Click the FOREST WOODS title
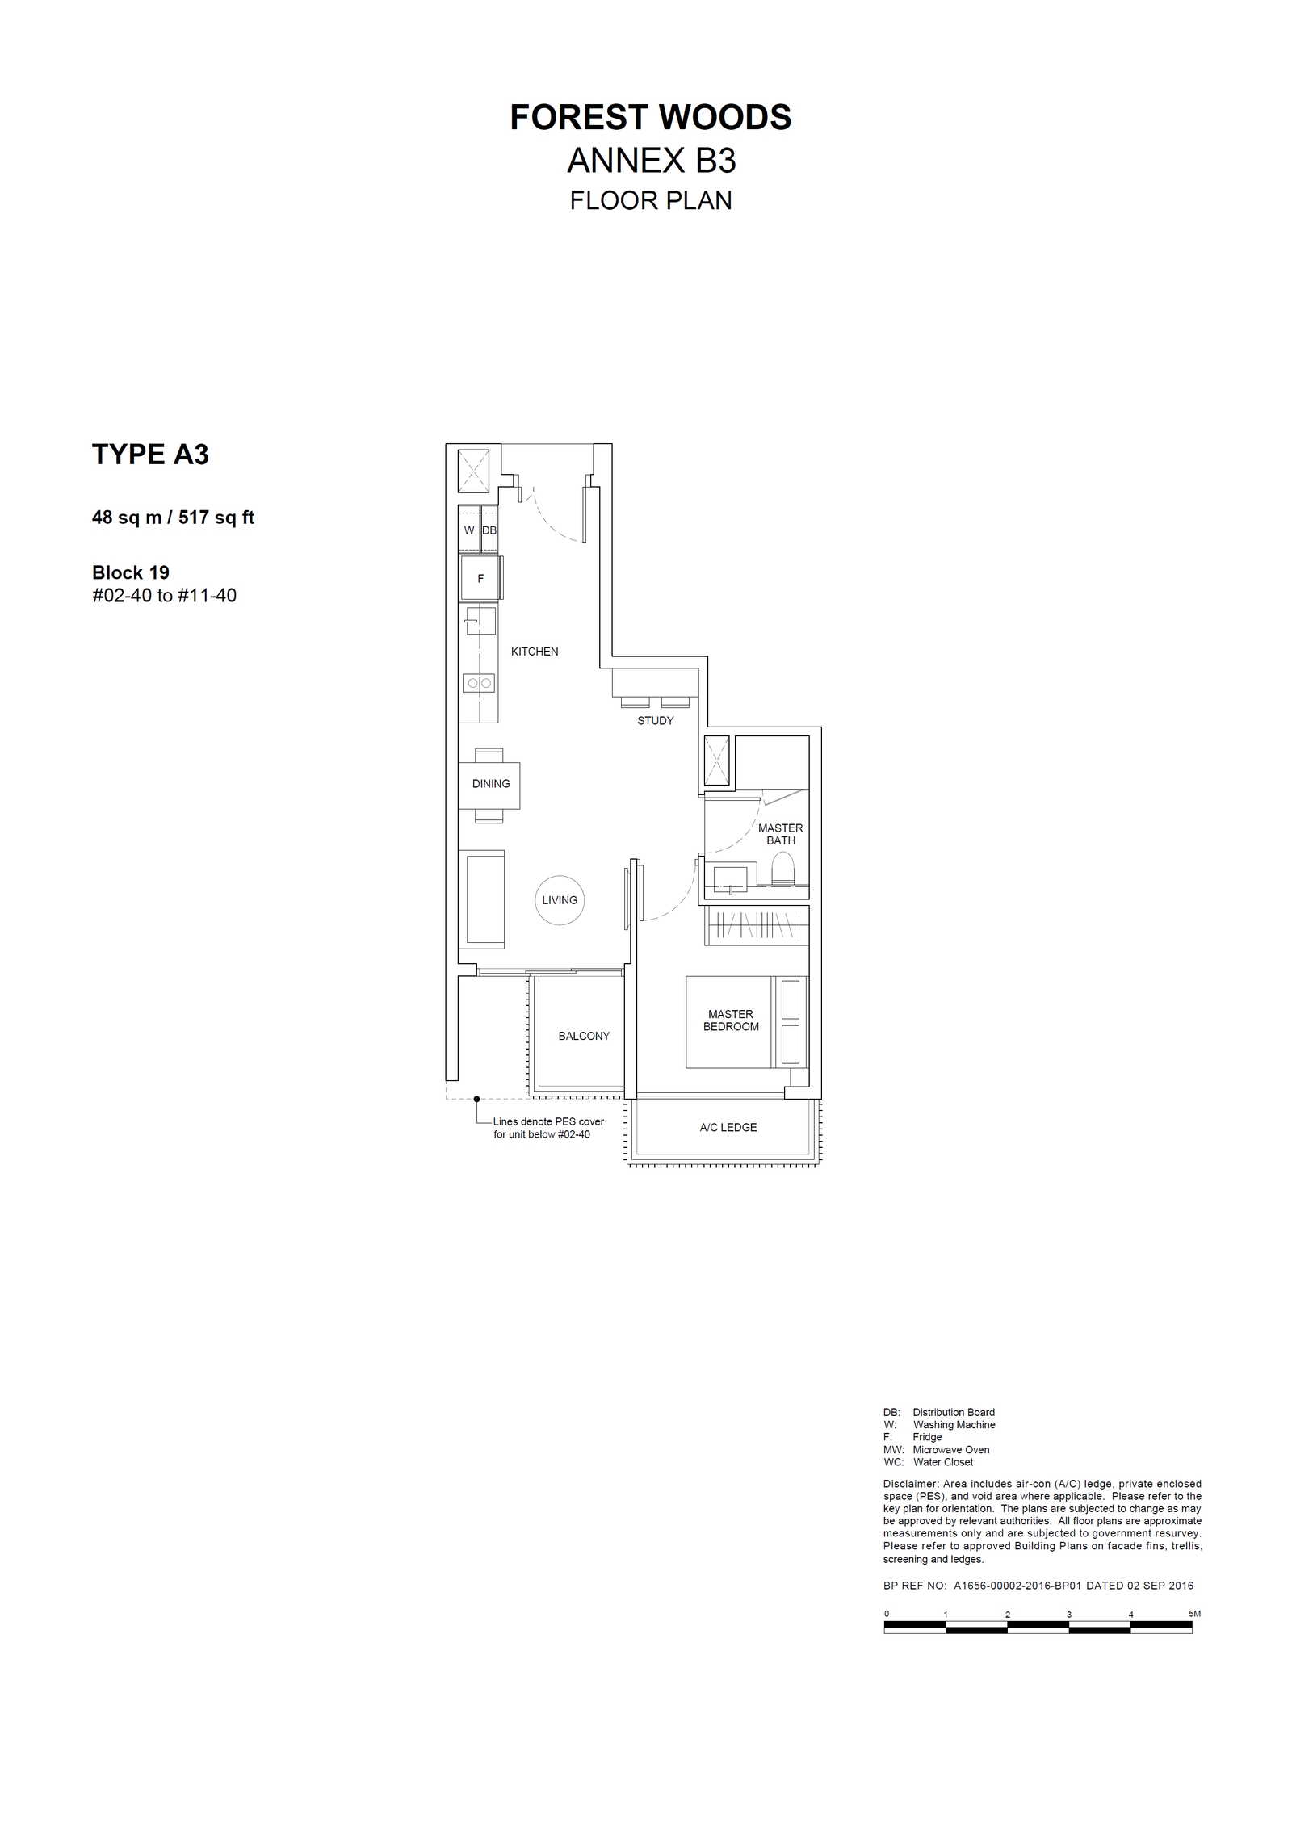[x=650, y=118]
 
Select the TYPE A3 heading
[x=150, y=455]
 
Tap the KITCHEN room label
[x=535, y=652]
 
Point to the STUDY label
[x=655, y=721]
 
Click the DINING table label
[x=491, y=784]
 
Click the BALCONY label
[x=584, y=1036]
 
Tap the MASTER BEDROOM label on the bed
[x=731, y=1020]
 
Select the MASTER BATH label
[x=781, y=834]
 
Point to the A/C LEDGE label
[x=728, y=1128]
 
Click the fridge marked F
[x=480, y=579]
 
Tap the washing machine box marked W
[x=469, y=530]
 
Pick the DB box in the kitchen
[x=489, y=530]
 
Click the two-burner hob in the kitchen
[x=479, y=683]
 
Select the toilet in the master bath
[x=783, y=870]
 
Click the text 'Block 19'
[x=131, y=573]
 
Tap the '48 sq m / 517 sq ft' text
[x=173, y=518]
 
